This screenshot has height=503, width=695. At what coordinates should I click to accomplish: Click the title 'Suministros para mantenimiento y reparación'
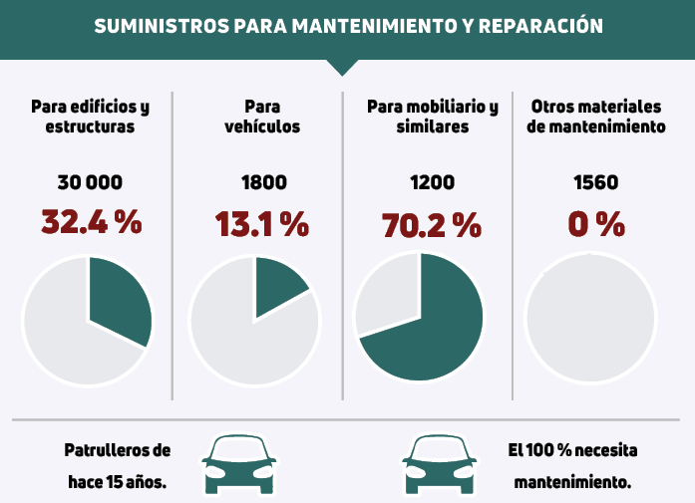pos(348,26)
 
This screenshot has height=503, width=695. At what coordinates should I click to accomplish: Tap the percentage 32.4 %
pos(91,222)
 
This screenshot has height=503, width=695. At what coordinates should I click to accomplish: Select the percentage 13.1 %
pos(262,224)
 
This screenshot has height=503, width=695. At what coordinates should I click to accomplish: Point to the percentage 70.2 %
pos(432,224)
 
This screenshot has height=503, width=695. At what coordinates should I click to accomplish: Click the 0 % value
pos(596,224)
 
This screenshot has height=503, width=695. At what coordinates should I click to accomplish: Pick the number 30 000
pos(90,182)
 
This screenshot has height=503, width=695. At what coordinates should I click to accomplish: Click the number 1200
pos(432,182)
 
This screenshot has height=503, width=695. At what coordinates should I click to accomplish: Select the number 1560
pos(596,182)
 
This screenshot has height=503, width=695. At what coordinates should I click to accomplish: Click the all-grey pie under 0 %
pos(589,320)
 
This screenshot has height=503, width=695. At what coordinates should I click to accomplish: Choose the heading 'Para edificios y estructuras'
pos(90,116)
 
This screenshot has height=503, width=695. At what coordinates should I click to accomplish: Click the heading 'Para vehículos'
pos(262,116)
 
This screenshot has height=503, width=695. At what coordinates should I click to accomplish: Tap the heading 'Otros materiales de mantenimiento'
pos(596,116)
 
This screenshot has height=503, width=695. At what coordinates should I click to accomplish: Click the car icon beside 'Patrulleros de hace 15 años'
pos(239,463)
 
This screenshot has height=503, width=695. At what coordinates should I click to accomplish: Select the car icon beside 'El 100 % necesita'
pos(438,463)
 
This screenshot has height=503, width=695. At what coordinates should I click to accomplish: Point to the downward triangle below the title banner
pos(342,67)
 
